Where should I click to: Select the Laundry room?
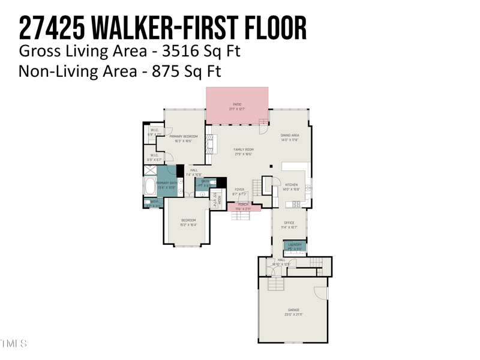click(x=295, y=245)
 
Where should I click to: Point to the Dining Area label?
click(x=290, y=137)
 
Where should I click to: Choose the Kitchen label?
click(x=291, y=187)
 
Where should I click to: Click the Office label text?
click(x=289, y=225)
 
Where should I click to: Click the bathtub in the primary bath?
click(x=149, y=186)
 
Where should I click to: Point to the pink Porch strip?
click(x=244, y=207)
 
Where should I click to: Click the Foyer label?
click(x=239, y=191)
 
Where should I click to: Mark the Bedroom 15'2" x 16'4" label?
click(x=188, y=222)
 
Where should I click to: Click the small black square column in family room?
click(x=271, y=167)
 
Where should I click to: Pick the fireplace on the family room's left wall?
click(x=209, y=145)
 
